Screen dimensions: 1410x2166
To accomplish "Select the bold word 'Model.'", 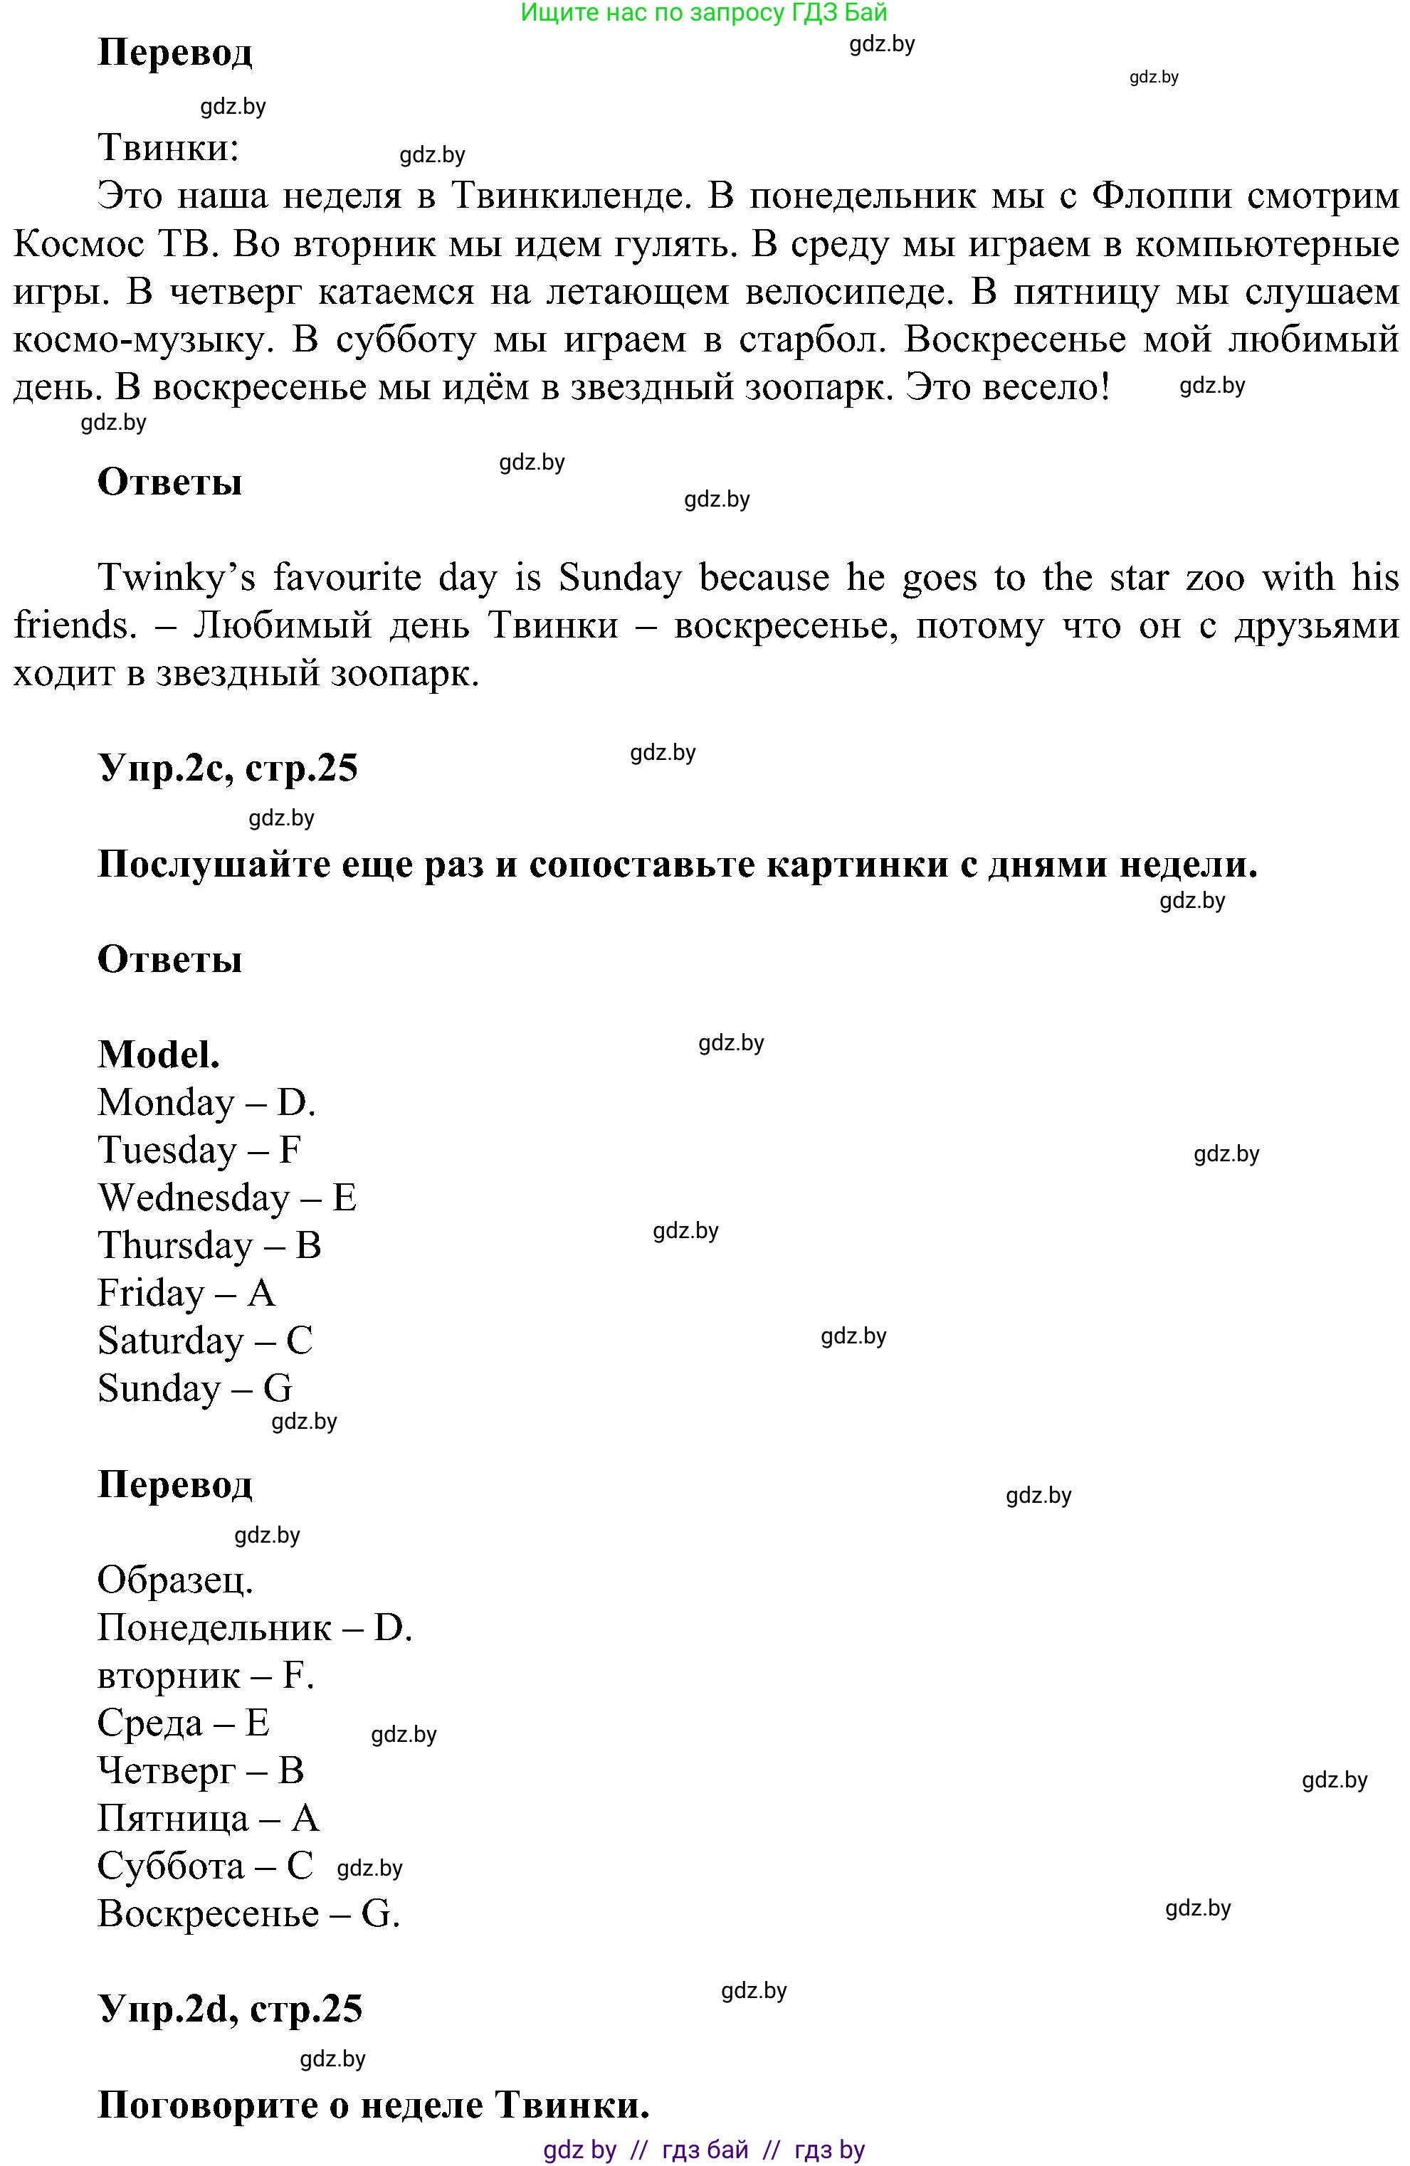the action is (x=159, y=1054).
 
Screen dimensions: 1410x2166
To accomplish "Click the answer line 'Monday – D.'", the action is (x=206, y=1102).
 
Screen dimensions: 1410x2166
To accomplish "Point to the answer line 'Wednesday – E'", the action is (x=226, y=1198).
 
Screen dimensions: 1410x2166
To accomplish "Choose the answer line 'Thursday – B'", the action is (x=209, y=1245).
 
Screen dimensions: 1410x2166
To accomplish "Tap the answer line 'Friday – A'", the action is (x=186, y=1293).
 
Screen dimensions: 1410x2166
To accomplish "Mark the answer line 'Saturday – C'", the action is (x=205, y=1341).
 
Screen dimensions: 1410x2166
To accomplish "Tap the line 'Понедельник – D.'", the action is (x=255, y=1627).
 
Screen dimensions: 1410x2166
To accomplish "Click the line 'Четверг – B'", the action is (x=200, y=1770).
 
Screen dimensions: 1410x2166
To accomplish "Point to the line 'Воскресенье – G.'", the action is (x=248, y=1913).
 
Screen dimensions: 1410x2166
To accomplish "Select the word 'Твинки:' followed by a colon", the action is (x=169, y=147).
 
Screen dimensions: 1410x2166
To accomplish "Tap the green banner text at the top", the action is (x=704, y=13).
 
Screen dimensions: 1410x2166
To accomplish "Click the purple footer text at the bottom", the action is (x=704, y=2150).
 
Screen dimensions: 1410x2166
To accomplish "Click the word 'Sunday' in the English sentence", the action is (x=619, y=578).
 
